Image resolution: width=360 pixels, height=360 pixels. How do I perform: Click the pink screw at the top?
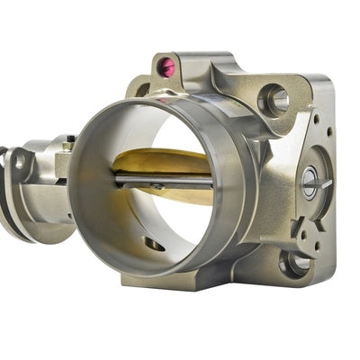(x=166, y=66)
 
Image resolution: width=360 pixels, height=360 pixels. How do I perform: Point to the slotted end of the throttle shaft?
(x=310, y=184)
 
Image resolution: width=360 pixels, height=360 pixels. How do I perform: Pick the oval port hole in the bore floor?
(x=154, y=244)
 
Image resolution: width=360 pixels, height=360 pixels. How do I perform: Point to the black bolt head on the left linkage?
(x=70, y=140)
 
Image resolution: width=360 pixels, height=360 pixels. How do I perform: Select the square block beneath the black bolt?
(x=63, y=163)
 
